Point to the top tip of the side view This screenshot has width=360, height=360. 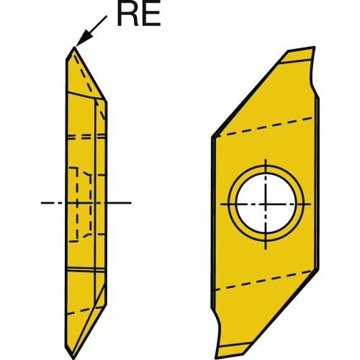point(74,47)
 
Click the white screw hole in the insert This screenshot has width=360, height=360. point(266,204)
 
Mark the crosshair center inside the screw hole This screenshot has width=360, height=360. point(266,204)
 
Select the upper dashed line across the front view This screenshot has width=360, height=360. point(264,127)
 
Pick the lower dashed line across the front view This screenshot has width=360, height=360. point(264,280)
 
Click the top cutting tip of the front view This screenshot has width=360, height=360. point(314,47)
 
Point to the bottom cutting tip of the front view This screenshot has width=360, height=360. point(218,358)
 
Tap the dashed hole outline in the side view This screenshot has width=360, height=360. point(77,204)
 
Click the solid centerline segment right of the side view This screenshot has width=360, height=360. point(120,203)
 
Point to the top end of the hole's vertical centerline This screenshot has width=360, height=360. point(266,159)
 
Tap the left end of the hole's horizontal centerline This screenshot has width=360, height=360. point(221,204)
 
